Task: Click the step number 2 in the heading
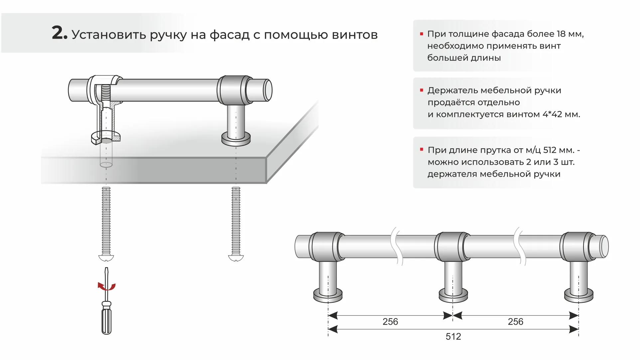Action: [59, 33]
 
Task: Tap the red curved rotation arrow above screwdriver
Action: [106, 286]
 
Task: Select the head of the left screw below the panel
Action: [106, 258]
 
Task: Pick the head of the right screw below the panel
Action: [236, 258]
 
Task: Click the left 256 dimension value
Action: [390, 322]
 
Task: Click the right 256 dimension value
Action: [515, 322]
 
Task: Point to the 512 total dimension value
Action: [453, 337]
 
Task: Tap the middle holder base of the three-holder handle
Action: [453, 295]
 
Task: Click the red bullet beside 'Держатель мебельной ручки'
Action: [422, 90]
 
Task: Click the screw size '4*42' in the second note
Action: [552, 114]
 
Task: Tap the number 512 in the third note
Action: [550, 150]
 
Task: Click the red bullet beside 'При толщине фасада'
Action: [422, 34]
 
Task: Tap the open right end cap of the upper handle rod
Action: [268, 90]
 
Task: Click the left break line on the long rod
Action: [397, 246]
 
